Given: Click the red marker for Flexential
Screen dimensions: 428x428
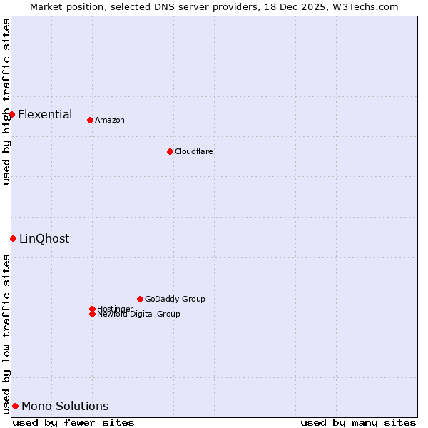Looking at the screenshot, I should click(11, 114).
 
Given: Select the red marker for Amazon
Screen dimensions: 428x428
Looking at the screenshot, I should click(90, 120).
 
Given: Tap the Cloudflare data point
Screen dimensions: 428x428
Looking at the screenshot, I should click(170, 151).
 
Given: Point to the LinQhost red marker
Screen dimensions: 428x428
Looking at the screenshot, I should click(13, 238).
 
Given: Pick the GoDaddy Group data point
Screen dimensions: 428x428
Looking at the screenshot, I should click(140, 299).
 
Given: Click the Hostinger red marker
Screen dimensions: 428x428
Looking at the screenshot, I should click(92, 309).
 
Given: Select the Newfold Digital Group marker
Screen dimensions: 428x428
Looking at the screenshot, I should click(92, 314).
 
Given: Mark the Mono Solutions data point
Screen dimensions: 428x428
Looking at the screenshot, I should click(15, 406).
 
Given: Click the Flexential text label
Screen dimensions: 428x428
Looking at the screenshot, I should click(45, 114).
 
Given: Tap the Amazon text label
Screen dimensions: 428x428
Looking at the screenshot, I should click(110, 120).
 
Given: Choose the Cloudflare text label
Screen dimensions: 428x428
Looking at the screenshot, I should click(194, 151).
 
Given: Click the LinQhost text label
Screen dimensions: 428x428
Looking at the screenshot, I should click(44, 238).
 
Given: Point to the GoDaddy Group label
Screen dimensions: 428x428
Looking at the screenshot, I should click(175, 299).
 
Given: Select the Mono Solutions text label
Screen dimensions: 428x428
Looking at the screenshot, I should click(65, 406).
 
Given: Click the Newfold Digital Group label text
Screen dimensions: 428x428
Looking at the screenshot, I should click(138, 315).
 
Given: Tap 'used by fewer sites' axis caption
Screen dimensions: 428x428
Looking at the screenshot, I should click(73, 422).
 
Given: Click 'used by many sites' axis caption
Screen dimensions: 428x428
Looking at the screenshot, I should click(358, 422).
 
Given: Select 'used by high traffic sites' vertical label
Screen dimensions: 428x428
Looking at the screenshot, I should click(6, 101).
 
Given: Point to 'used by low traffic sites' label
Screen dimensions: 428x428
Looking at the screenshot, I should click(6, 333).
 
